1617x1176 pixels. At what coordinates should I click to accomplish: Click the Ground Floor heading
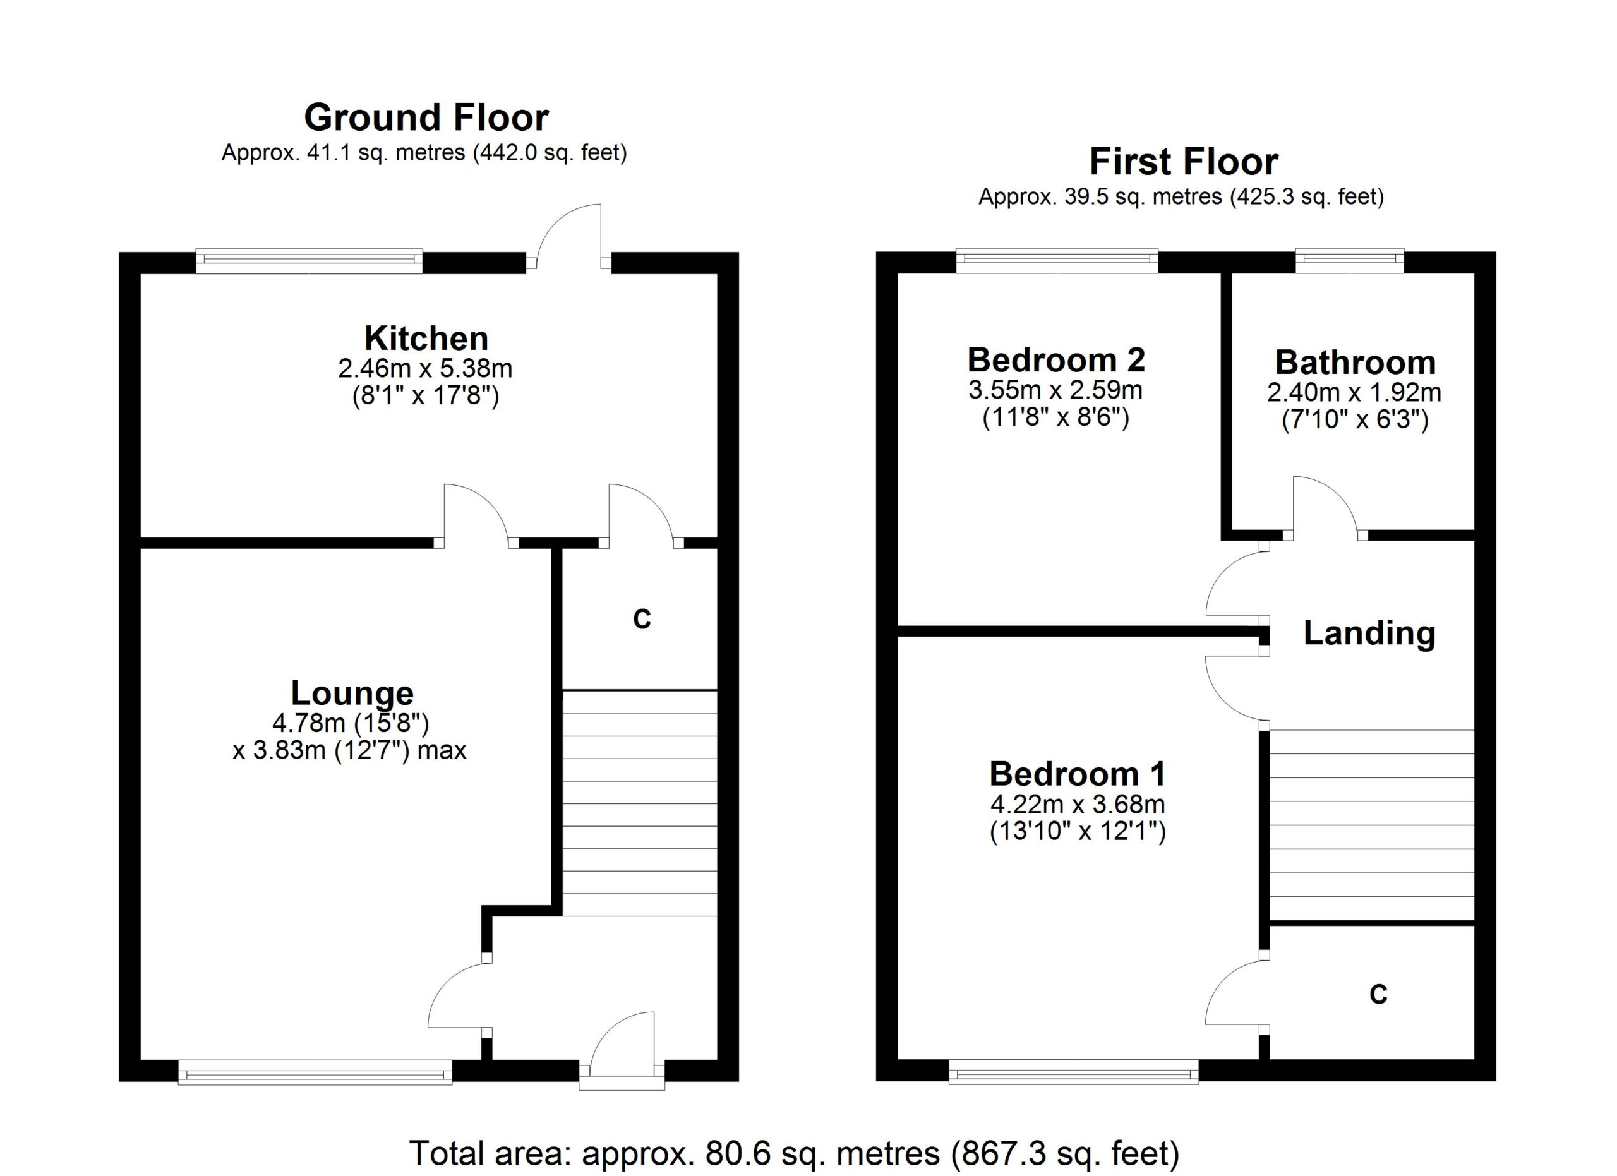(426, 118)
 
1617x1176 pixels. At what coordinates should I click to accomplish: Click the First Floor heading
(1183, 162)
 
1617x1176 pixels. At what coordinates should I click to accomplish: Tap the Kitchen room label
(426, 339)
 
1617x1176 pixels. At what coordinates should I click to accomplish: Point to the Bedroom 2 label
(1055, 361)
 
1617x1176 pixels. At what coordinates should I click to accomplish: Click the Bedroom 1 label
(1078, 775)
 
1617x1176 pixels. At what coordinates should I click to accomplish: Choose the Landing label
(1369, 633)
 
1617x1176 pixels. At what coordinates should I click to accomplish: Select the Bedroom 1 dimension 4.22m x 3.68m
(1078, 805)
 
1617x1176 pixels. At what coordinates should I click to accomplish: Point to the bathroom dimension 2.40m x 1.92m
(1353, 393)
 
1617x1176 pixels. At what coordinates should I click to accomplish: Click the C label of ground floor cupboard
(642, 620)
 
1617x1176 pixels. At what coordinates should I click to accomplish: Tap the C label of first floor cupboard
(1378, 995)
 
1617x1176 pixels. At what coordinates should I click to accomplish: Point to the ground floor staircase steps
(639, 803)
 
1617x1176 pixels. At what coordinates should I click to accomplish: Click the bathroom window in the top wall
(1349, 261)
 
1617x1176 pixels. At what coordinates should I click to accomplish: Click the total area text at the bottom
(794, 1153)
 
